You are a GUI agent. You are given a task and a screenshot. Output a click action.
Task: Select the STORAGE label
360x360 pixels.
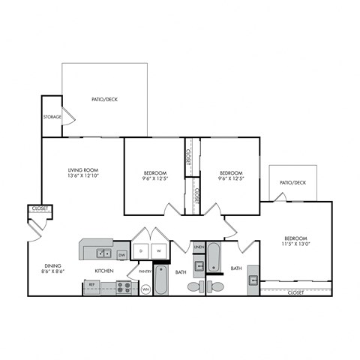tap(52, 117)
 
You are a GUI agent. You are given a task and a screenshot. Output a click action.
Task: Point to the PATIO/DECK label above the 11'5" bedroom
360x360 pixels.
tap(292, 182)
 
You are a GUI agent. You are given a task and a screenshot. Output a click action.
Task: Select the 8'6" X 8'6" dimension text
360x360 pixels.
tap(53, 271)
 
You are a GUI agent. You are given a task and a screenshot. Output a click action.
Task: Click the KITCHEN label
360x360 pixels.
tap(103, 270)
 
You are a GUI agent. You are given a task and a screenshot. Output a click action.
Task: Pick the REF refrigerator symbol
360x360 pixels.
tap(91, 285)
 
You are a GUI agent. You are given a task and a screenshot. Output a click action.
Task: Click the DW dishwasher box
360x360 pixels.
tap(121, 256)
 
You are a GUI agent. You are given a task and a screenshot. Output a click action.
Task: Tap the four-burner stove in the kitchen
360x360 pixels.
tap(124, 286)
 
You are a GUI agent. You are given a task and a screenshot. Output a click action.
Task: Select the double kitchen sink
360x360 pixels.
tap(99, 253)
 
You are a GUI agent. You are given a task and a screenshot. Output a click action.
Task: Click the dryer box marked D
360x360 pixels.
tap(142, 250)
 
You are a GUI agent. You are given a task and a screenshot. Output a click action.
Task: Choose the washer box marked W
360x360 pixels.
tap(159, 250)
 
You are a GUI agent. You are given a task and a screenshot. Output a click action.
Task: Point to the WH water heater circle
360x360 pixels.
tap(145, 288)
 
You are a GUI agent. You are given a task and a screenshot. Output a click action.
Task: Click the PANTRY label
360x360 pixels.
tap(145, 271)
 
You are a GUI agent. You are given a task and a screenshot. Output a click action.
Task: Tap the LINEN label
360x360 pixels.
tap(199, 247)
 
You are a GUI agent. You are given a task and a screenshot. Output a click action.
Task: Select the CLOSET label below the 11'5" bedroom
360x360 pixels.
tap(295, 292)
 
